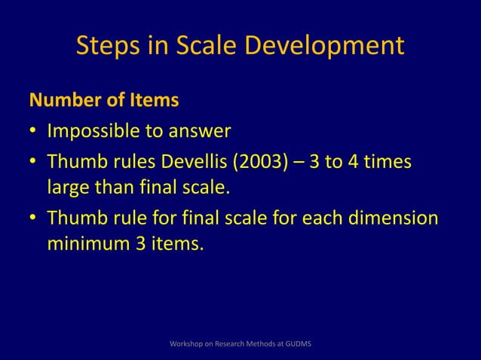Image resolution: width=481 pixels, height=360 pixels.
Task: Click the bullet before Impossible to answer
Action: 34,133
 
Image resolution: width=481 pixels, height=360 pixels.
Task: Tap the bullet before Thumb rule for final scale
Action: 34,219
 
